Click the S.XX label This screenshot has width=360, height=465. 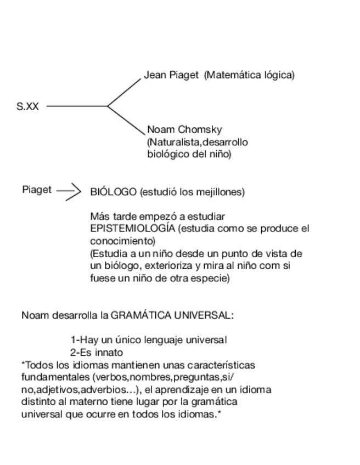click(27, 106)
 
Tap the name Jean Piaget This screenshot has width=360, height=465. click(171, 75)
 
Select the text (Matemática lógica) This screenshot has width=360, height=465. click(249, 75)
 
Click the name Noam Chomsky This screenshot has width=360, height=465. click(184, 130)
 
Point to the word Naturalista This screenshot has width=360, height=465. click(175, 143)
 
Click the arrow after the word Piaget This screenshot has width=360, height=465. click(69, 191)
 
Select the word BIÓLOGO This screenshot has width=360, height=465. click(113, 192)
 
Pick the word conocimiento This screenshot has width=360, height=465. click(121, 241)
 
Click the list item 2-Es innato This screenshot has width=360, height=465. click(97, 353)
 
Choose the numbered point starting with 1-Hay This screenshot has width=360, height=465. click(149, 340)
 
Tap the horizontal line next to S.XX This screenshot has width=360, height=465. click(77, 106)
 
